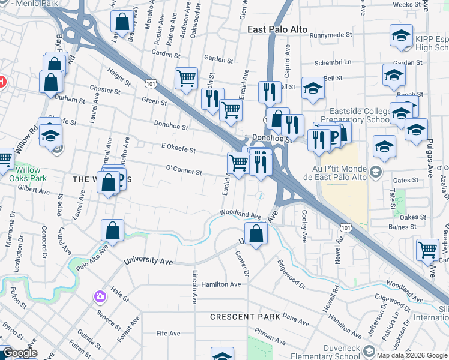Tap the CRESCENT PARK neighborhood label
tap(245, 316)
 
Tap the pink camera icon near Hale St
tap(100, 296)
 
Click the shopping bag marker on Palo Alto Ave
tap(112, 230)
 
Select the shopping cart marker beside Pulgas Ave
tap(427, 249)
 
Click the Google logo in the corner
tap(19, 353)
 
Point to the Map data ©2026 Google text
tap(411, 355)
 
